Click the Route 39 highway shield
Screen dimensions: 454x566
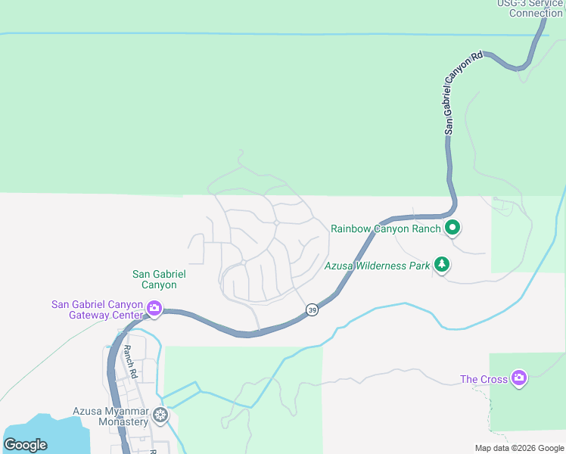click(312, 310)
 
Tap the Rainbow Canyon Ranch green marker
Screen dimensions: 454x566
click(452, 227)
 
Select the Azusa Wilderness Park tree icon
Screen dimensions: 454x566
click(442, 265)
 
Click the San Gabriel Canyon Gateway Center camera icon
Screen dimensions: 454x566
click(154, 307)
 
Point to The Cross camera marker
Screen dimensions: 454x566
click(518, 377)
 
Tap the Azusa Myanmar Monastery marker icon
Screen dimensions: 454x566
click(160, 414)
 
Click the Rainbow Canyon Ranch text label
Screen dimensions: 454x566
click(386, 229)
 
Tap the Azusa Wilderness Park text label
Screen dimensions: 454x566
click(377, 266)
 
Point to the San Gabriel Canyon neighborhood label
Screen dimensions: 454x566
click(159, 279)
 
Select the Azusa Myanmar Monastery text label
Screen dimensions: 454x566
click(110, 416)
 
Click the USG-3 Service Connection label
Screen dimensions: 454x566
click(530, 8)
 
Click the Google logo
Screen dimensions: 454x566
click(25, 445)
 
